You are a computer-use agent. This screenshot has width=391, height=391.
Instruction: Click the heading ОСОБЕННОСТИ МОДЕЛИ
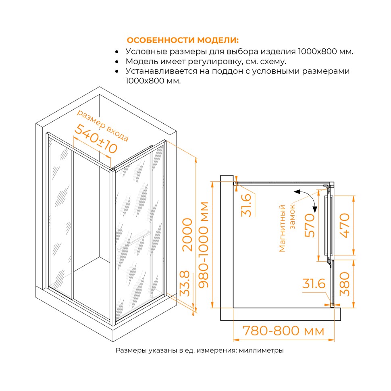[183, 40]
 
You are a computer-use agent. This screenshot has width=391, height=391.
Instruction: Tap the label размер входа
[102, 125]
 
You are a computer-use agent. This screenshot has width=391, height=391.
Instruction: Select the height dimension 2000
[187, 235]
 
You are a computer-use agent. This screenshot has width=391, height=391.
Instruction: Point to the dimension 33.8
[185, 283]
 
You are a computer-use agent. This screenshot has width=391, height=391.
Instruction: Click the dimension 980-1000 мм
[204, 245]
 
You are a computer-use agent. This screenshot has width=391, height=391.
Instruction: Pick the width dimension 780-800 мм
[283, 331]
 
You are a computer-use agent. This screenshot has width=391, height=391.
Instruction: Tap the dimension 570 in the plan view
[310, 225]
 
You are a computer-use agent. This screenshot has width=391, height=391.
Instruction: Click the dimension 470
[344, 225]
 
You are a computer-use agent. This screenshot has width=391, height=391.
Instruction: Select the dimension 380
[345, 284]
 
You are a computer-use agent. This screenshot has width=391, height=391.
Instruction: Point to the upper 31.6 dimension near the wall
[246, 205]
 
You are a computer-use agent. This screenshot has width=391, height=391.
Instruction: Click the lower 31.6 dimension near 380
[314, 283]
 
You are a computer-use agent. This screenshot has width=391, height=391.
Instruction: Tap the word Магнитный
[282, 228]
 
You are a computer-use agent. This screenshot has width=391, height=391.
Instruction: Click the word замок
[292, 217]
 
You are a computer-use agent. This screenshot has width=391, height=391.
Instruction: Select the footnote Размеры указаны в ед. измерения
[177, 350]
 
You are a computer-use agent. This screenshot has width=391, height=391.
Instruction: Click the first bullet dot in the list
[117, 52]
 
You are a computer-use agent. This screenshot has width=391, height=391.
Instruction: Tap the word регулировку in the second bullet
[215, 61]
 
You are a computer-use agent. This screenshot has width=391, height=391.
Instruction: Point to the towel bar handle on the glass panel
[134, 241]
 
